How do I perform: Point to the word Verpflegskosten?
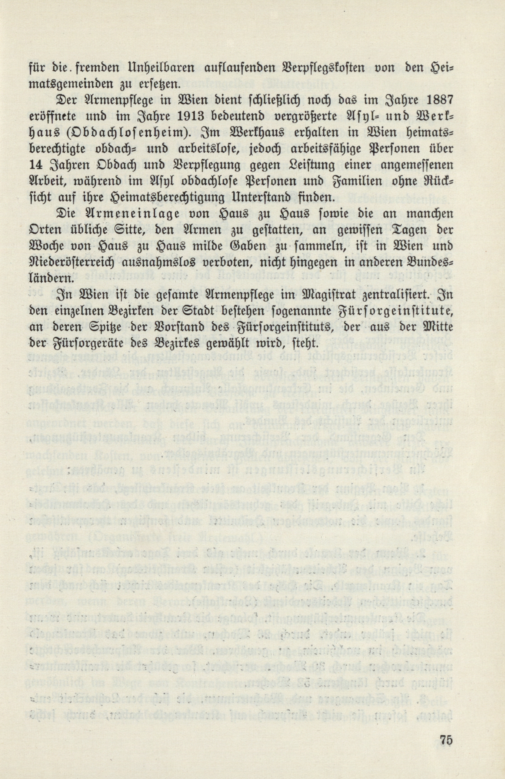tap(308, 69)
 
